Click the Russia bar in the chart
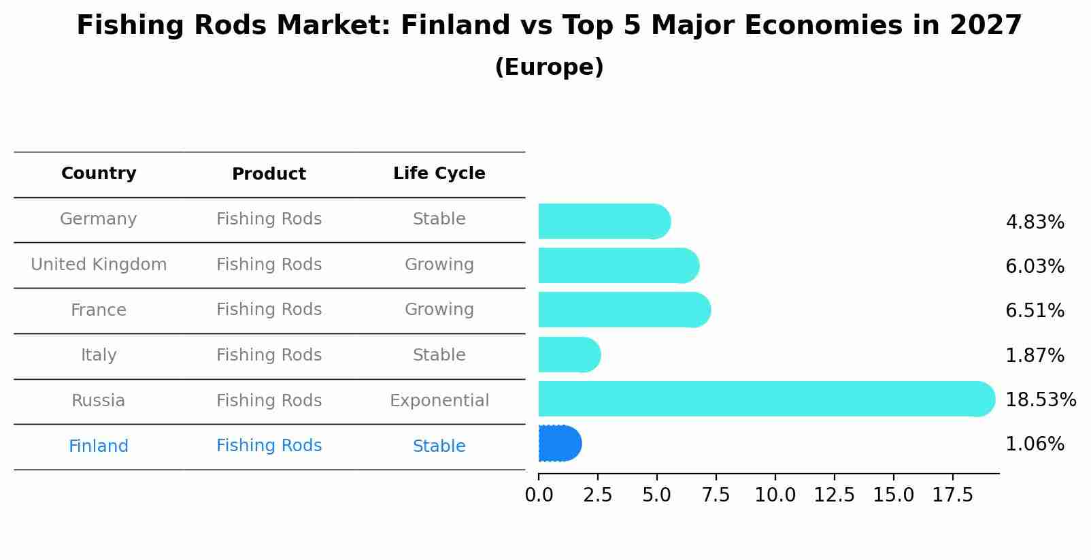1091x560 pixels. click(767, 399)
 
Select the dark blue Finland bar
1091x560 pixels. click(560, 443)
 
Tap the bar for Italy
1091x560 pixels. click(569, 355)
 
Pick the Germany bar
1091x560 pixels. click(605, 221)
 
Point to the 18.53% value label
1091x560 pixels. click(1041, 399)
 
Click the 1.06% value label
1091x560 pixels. click(1035, 444)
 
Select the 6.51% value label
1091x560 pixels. click(1035, 310)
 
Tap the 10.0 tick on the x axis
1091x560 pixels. click(775, 495)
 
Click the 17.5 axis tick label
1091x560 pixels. click(952, 495)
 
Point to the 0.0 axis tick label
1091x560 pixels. click(539, 495)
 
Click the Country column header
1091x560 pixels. click(99, 173)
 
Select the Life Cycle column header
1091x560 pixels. click(439, 173)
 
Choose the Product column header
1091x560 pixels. click(269, 174)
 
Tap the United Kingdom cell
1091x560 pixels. click(99, 264)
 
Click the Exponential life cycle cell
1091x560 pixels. click(439, 401)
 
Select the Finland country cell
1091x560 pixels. click(99, 446)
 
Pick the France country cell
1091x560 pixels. click(99, 310)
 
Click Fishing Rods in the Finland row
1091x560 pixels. click(269, 446)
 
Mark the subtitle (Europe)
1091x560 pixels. click(549, 67)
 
